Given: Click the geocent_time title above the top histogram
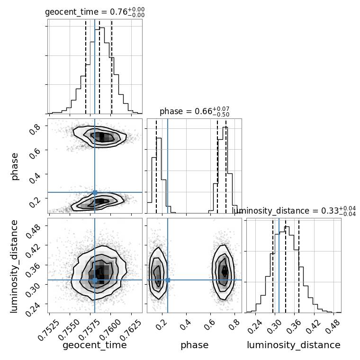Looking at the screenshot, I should coord(95,12).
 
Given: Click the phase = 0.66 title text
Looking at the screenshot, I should coord(194,112).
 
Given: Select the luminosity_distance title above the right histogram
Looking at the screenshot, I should coord(294,210).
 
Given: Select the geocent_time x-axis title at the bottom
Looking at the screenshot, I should coord(95,345).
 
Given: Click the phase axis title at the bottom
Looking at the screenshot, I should coord(194,345).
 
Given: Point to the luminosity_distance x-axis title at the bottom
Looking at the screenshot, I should coord(294,345).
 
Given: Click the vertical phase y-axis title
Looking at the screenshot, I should coord(15,166).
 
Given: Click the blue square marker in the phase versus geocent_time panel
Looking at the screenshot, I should coord(95,192).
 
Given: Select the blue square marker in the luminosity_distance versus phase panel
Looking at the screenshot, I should coord(168,280).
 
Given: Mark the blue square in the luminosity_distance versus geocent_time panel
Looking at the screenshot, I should coord(95,280).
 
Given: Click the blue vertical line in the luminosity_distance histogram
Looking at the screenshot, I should coord(279,265).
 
